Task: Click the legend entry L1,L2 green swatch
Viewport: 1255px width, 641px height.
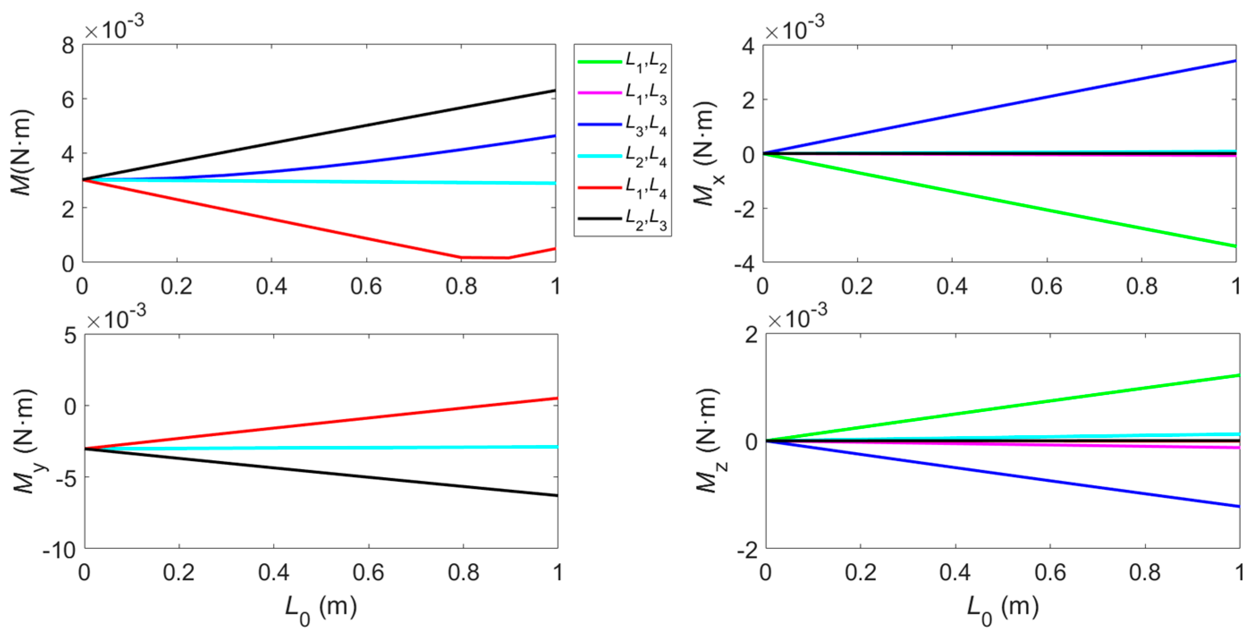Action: tap(599, 62)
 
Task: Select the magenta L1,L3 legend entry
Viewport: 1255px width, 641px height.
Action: tap(599, 93)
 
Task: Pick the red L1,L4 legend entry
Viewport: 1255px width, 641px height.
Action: tap(599, 187)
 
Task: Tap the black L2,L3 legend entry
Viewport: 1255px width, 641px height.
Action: tap(599, 218)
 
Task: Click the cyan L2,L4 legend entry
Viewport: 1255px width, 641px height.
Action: tap(599, 156)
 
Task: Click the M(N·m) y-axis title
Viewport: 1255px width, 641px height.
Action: tap(22, 153)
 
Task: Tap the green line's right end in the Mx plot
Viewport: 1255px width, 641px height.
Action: tap(1234, 246)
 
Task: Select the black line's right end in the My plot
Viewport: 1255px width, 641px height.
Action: tap(556, 495)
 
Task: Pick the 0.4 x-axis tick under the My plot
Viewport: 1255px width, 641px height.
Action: tap(274, 572)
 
